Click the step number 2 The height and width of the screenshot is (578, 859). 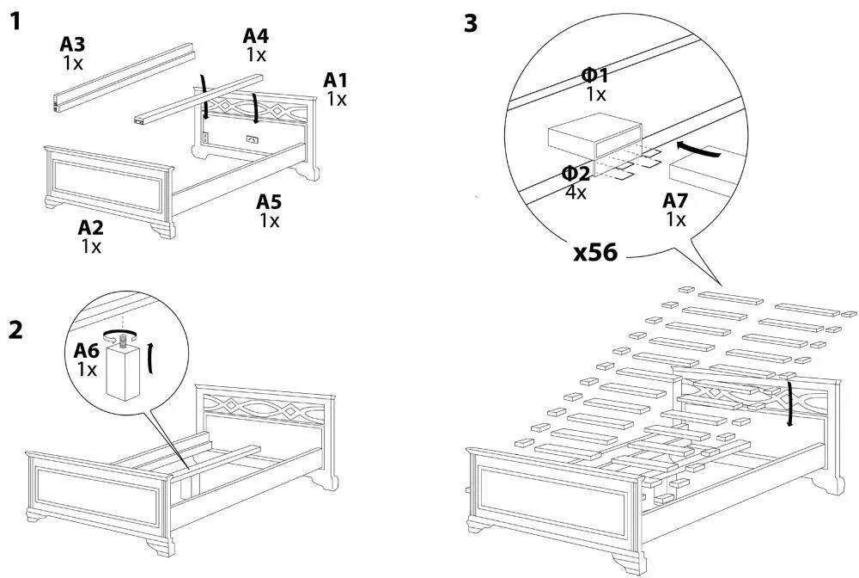coord(15,329)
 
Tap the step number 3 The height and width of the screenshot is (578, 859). coord(470,23)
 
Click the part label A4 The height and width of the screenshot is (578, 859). coord(256,36)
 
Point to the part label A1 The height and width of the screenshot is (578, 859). coord(336,80)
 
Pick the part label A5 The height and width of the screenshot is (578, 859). coord(270,202)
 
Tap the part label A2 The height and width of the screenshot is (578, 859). coord(91,228)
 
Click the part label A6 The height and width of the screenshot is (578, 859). coord(87,350)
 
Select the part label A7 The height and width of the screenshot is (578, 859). coord(676,201)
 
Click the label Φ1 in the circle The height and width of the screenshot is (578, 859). coord(595,76)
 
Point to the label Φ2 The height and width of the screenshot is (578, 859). coord(576,174)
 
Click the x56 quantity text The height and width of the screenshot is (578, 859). coord(595,254)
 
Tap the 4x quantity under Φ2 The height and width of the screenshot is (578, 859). coord(576,192)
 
